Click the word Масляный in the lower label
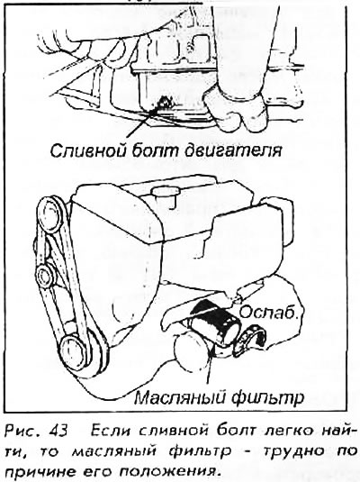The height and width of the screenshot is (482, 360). coord(179,397)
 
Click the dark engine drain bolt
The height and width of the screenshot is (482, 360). coord(163,103)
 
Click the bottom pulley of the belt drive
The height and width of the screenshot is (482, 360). coord(75,349)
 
